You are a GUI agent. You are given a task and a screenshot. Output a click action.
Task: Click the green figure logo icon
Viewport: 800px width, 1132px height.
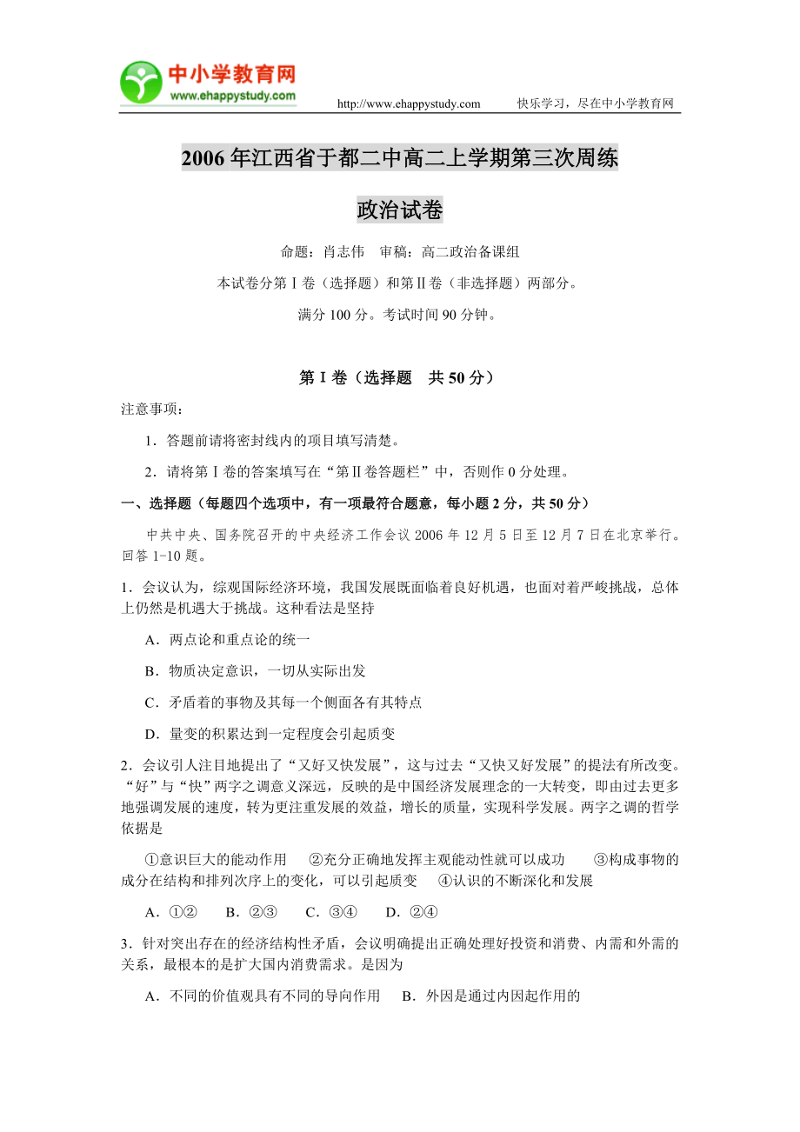pyautogui.click(x=141, y=83)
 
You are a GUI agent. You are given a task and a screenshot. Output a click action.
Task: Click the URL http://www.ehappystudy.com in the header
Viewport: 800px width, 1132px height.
pyautogui.click(x=408, y=104)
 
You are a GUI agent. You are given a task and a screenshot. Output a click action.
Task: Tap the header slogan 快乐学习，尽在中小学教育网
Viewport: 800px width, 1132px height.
pyautogui.click(x=596, y=104)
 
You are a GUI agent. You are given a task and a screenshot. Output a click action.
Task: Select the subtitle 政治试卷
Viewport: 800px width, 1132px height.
pyautogui.click(x=400, y=210)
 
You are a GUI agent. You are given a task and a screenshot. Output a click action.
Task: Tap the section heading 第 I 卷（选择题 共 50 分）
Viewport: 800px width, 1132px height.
pyautogui.click(x=400, y=377)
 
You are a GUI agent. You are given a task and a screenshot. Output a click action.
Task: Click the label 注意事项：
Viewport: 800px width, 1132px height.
pyautogui.click(x=152, y=410)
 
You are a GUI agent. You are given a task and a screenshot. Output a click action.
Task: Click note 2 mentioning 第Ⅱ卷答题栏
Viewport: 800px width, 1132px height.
pyautogui.click(x=357, y=472)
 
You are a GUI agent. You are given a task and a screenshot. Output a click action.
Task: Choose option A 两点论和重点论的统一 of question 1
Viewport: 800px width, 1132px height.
pyautogui.click(x=228, y=639)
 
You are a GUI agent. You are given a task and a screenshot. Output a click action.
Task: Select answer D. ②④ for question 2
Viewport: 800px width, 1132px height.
pyautogui.click(x=411, y=912)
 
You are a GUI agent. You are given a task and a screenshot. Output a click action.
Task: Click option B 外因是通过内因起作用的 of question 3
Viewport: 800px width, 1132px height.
pyautogui.click(x=490, y=995)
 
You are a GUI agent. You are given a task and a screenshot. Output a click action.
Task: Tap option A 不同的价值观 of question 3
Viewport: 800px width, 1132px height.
pyautogui.click(x=262, y=995)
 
